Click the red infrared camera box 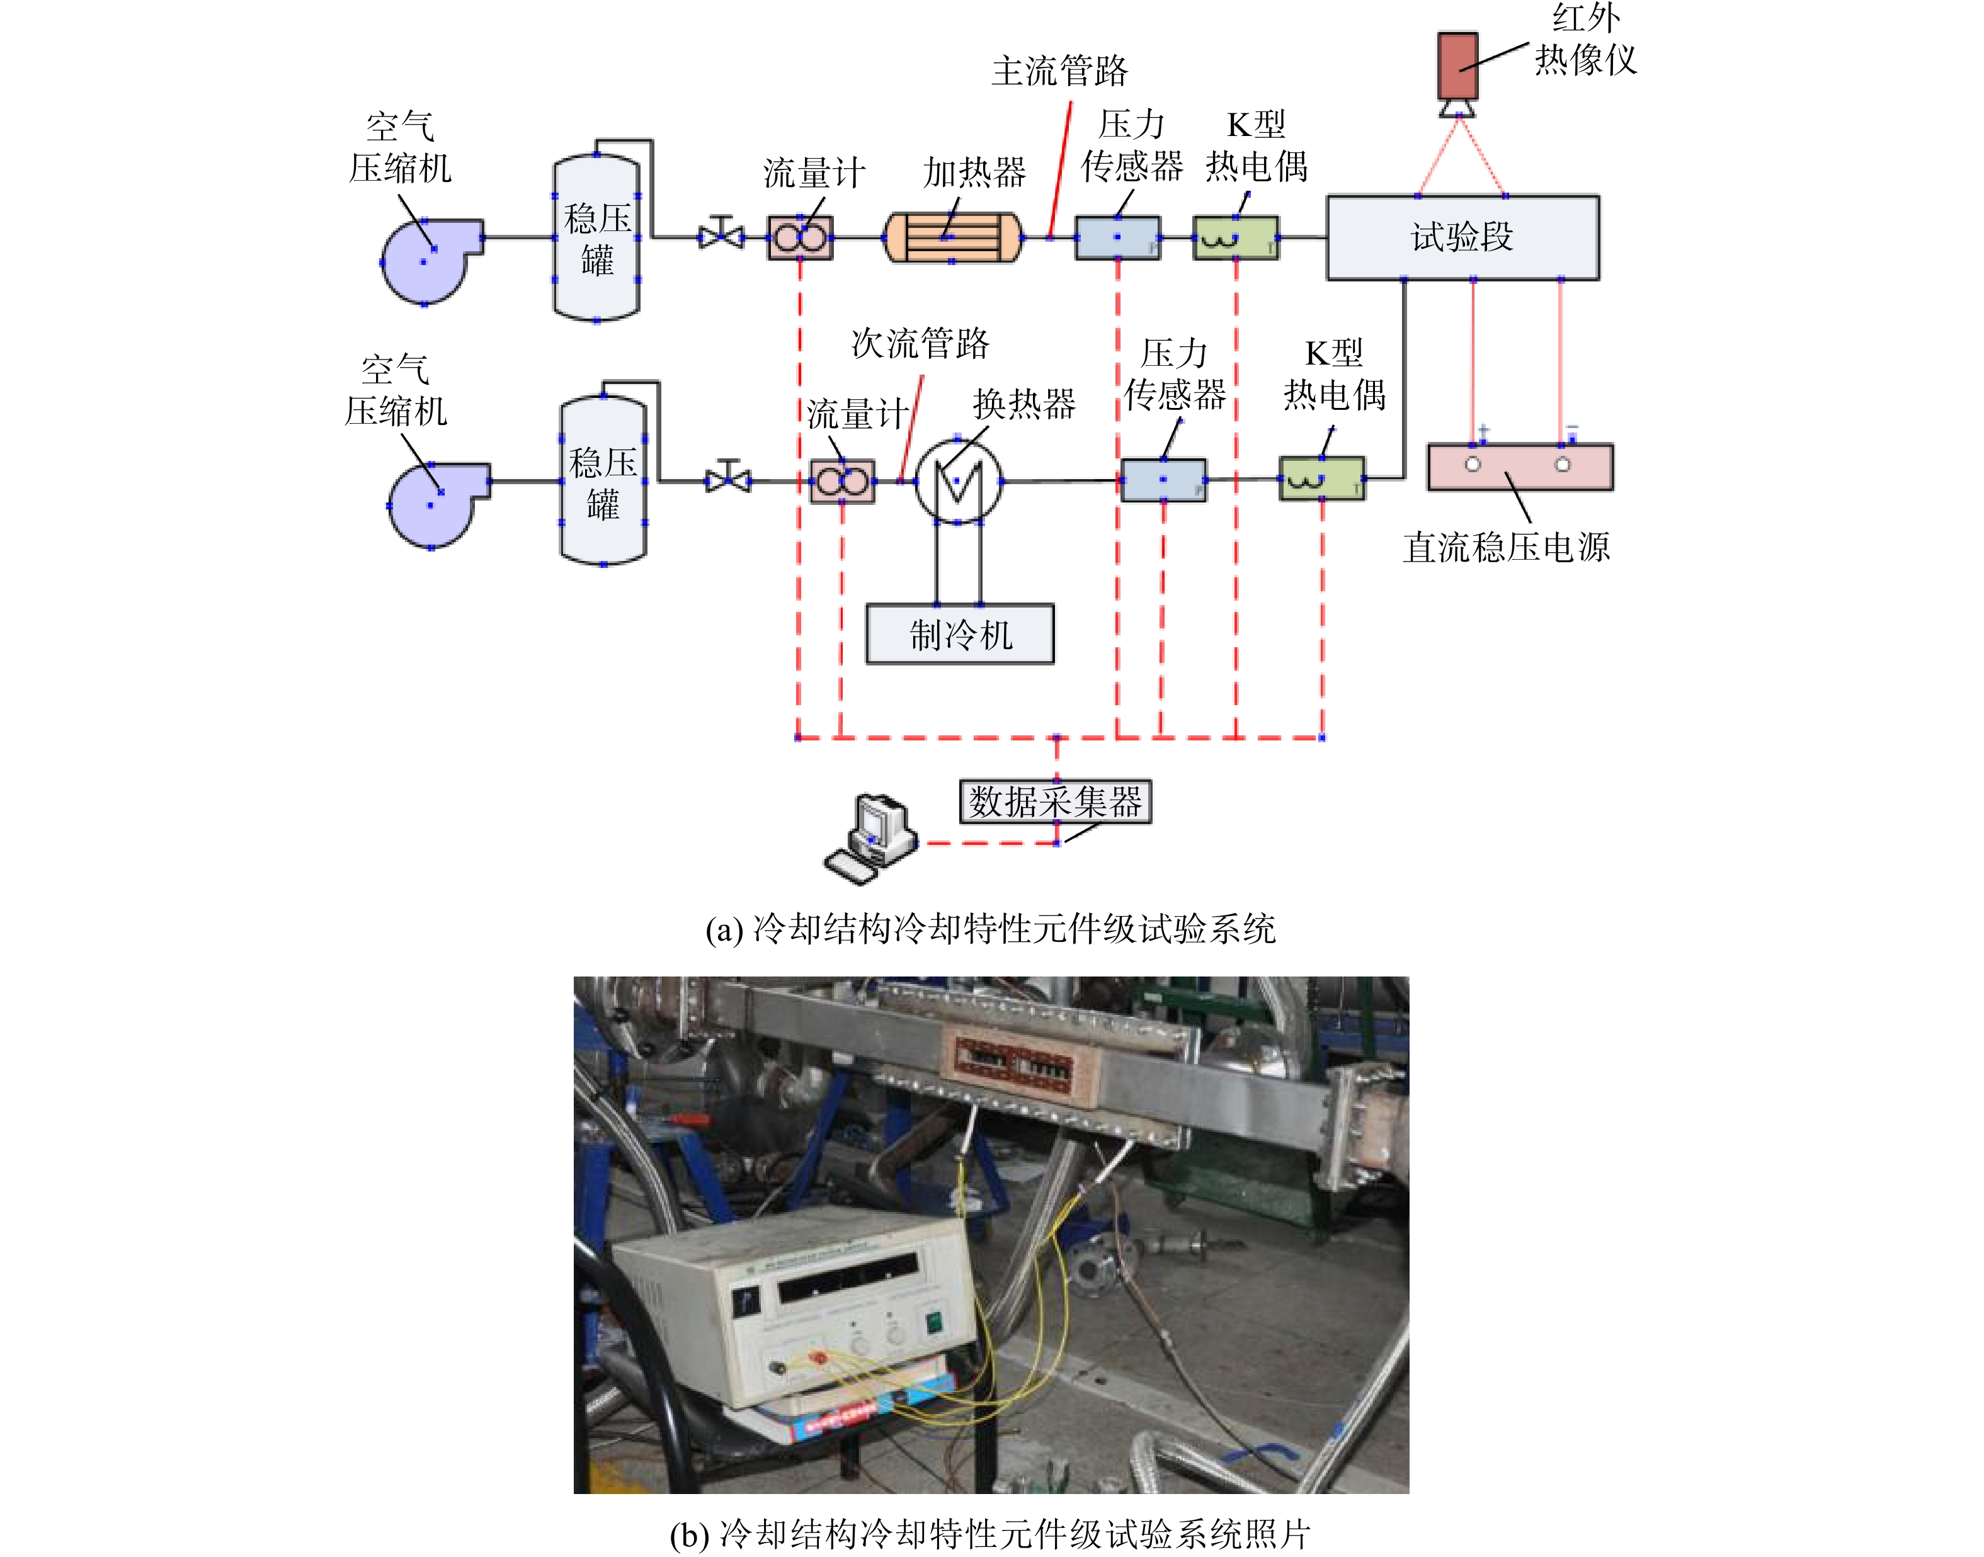pyautogui.click(x=1457, y=65)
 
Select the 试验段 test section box pyautogui.click(x=1462, y=237)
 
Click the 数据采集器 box pyautogui.click(x=1055, y=801)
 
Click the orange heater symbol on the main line pyautogui.click(x=953, y=237)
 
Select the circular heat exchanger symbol pyautogui.click(x=958, y=480)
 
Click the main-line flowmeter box pyautogui.click(x=801, y=237)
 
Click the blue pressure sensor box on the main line pyautogui.click(x=1118, y=237)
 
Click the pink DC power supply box pyautogui.click(x=1520, y=467)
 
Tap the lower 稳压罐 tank pyautogui.click(x=603, y=480)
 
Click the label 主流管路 pyautogui.click(x=1059, y=71)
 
